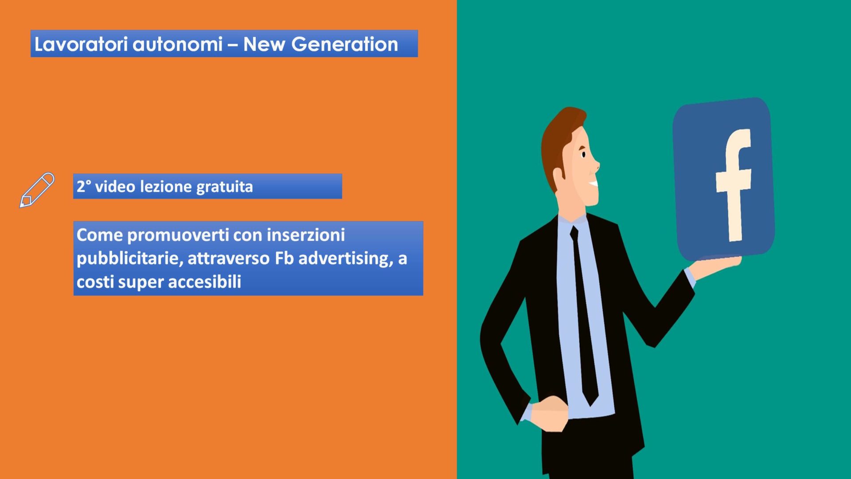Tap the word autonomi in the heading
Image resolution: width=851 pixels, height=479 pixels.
(x=178, y=44)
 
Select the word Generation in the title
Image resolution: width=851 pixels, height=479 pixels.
(x=344, y=44)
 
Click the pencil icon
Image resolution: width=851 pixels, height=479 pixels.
(x=37, y=190)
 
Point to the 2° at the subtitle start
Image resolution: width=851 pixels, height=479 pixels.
(x=84, y=186)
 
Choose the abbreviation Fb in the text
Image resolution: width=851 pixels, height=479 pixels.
(x=284, y=258)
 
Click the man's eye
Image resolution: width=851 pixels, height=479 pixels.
(x=583, y=155)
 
